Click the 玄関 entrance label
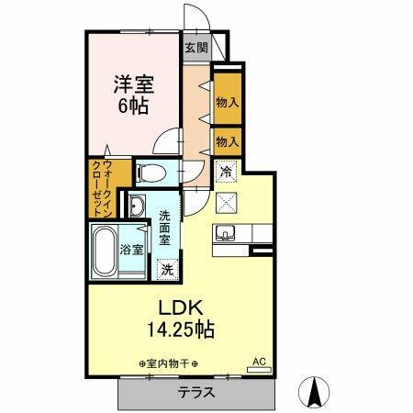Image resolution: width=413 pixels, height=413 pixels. click(x=195, y=49)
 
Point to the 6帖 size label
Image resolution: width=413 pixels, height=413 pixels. click(x=134, y=106)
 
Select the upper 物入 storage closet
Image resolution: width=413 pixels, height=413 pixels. click(x=228, y=104)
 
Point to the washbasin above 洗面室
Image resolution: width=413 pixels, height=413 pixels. click(x=137, y=204)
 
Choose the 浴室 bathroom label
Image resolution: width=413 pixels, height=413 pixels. click(x=132, y=250)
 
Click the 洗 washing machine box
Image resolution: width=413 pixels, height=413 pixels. click(x=167, y=270)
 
